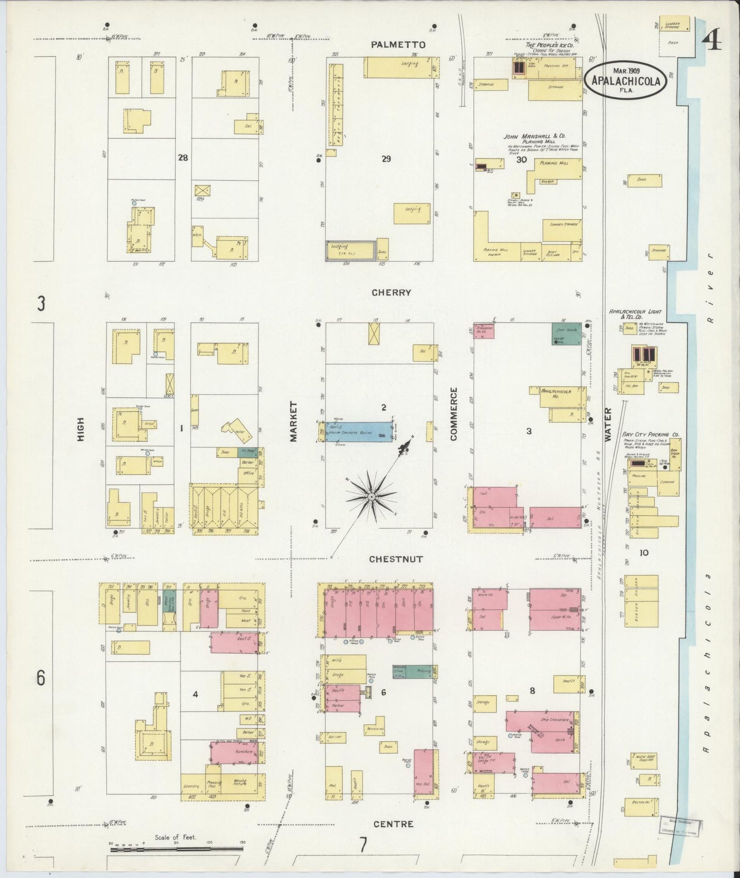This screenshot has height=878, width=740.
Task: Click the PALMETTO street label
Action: coord(398,45)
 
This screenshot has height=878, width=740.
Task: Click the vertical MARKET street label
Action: coord(293,421)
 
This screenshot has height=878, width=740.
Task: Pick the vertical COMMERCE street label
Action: coord(453,414)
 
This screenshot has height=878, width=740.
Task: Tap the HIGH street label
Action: coord(80,429)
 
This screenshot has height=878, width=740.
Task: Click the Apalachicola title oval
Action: coord(626,80)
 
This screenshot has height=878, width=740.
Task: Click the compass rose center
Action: coord(371,497)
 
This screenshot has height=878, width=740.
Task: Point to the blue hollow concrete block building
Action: coord(355,431)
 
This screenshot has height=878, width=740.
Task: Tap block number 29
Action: coord(386,159)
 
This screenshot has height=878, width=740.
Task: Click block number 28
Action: coord(183,158)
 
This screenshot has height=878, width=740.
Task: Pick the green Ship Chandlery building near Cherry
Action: coord(566,333)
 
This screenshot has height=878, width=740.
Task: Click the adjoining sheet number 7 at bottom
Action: coord(363,844)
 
